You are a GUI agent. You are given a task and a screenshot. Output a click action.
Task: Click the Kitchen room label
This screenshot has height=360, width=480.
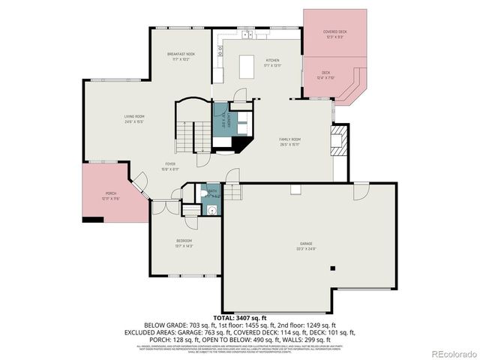pos(272,60)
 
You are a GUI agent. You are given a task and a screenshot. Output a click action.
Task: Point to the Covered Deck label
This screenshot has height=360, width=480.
pos(334,32)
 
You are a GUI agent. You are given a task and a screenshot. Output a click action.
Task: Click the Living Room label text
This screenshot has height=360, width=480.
pos(134,116)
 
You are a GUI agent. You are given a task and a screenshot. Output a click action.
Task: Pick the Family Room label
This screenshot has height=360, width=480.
pos(289,139)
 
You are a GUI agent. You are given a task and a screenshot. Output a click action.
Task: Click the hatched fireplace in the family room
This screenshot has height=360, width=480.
pos(340,140)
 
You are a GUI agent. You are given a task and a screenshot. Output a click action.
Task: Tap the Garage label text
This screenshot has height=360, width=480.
pos(305,245)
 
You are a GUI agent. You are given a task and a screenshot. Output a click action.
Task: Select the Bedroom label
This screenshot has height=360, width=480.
pos(184,241)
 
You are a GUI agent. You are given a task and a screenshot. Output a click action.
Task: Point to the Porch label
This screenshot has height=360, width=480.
pos(110,194)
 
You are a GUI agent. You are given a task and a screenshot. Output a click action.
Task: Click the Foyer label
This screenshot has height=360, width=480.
pos(172,164)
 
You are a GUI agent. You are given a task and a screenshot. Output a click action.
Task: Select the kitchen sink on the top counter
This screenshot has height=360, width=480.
pos(246,34)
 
